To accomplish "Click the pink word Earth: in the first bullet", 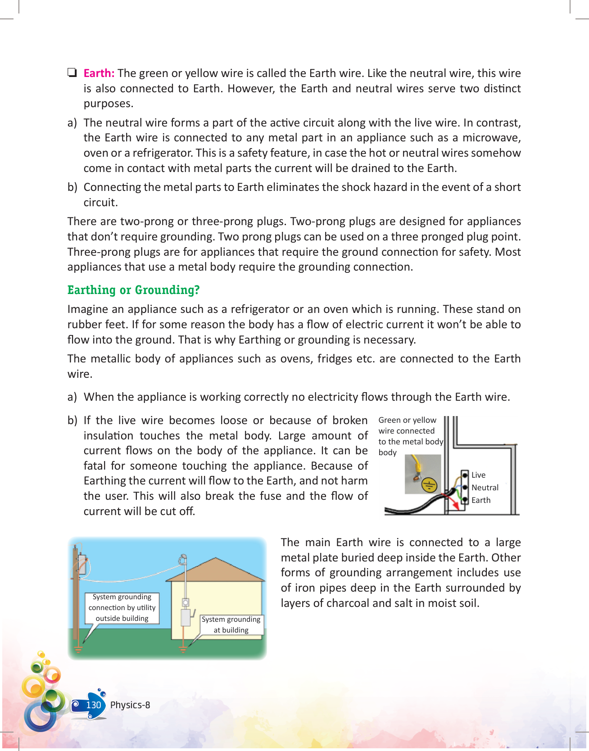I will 99,73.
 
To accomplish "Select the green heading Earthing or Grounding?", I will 133,290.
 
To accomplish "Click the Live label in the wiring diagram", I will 478,475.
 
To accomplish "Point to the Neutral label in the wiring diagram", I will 485,488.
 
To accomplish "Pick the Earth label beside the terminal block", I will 481,500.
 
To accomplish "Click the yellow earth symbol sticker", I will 429,485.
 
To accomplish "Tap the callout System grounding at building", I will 231,625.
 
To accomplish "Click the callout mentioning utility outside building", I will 122,608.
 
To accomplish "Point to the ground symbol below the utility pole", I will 78,649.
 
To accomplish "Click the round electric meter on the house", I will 185,602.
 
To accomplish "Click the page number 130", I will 94,705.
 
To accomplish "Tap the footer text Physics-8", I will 130,705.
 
